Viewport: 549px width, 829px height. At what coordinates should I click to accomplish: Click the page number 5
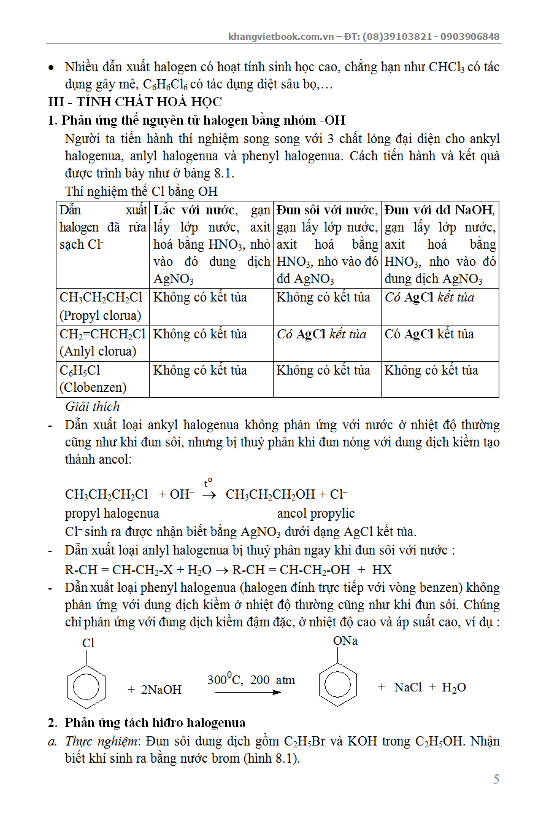pyautogui.click(x=496, y=779)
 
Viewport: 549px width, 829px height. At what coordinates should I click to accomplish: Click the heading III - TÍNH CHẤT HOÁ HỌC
pyautogui.click(x=135, y=102)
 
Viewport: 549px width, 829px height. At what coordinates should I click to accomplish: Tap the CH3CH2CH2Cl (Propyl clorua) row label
pyautogui.click(x=102, y=306)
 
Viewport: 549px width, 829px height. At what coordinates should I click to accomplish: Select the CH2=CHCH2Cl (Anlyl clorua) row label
pyautogui.click(x=102, y=343)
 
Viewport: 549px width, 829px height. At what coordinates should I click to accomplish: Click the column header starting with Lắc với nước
pyautogui.click(x=211, y=244)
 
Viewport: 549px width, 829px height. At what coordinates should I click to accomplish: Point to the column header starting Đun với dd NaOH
pyautogui.click(x=440, y=244)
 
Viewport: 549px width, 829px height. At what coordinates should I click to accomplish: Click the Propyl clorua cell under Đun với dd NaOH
pyautogui.click(x=429, y=298)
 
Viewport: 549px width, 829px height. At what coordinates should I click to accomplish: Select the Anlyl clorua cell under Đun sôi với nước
pyautogui.click(x=321, y=335)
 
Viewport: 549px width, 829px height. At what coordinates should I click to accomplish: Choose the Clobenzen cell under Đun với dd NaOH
pyautogui.click(x=431, y=371)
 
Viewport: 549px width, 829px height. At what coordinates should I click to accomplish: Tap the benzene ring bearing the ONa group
pyautogui.click(x=337, y=682)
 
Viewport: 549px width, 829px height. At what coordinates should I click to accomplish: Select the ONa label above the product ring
pyautogui.click(x=345, y=641)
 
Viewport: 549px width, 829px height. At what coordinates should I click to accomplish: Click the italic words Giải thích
pyautogui.click(x=93, y=407)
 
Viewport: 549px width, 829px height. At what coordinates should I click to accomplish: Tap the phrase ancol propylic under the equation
pyautogui.click(x=315, y=513)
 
